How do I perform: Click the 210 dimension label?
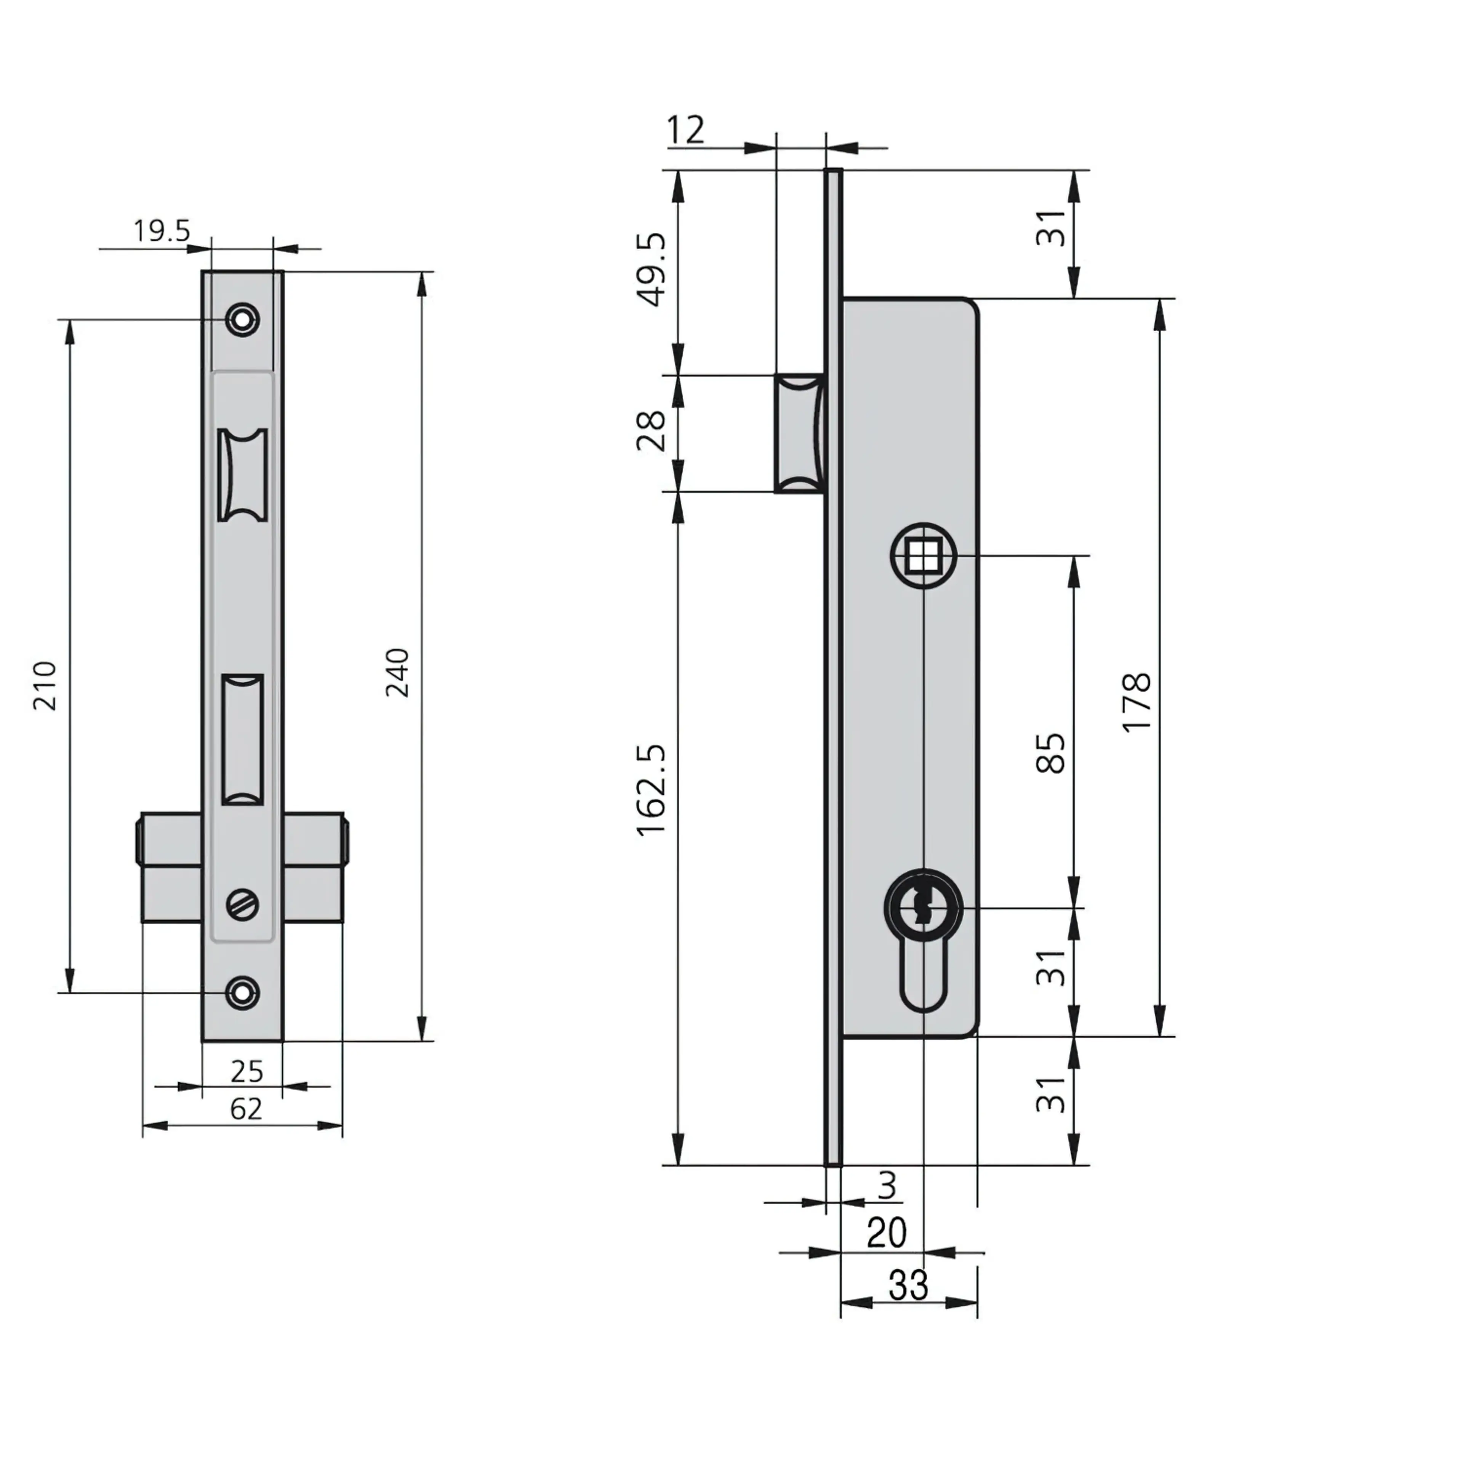(45, 685)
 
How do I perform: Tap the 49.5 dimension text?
(651, 269)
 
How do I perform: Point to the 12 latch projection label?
(685, 130)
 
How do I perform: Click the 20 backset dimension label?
(886, 1233)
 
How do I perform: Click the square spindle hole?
(923, 557)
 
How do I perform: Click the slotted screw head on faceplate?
(242, 904)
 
